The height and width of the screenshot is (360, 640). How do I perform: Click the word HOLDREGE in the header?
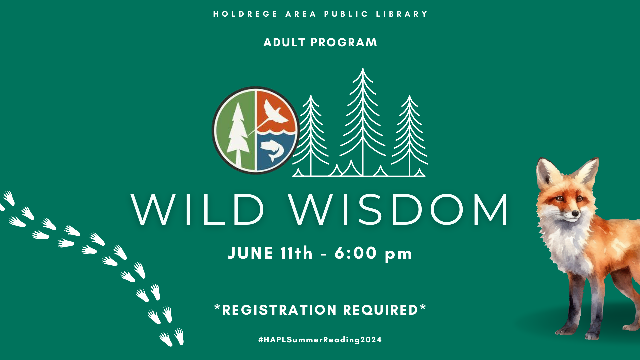click(x=245, y=14)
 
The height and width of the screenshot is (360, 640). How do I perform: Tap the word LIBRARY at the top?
click(x=402, y=14)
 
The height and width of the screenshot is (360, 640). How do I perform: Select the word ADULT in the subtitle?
click(x=284, y=42)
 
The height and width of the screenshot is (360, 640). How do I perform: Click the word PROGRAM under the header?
click(x=344, y=42)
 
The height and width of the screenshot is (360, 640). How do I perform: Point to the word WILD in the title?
click(x=198, y=210)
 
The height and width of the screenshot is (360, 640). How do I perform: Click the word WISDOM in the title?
click(x=399, y=210)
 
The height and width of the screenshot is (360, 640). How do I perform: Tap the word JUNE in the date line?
click(x=251, y=253)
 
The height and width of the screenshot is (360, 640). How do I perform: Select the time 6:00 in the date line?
click(x=356, y=253)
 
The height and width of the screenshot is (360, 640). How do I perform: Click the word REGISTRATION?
click(x=279, y=310)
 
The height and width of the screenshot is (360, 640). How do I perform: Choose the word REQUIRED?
click(x=381, y=310)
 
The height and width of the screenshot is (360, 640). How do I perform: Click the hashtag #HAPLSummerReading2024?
click(x=320, y=340)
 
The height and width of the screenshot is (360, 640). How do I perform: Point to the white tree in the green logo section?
click(x=238, y=135)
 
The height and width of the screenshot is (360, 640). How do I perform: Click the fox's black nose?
click(x=575, y=213)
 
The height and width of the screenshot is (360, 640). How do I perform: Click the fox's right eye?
click(x=580, y=199)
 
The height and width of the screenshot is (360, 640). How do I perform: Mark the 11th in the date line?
click(x=296, y=253)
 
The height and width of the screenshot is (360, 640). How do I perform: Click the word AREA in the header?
click(x=301, y=14)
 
